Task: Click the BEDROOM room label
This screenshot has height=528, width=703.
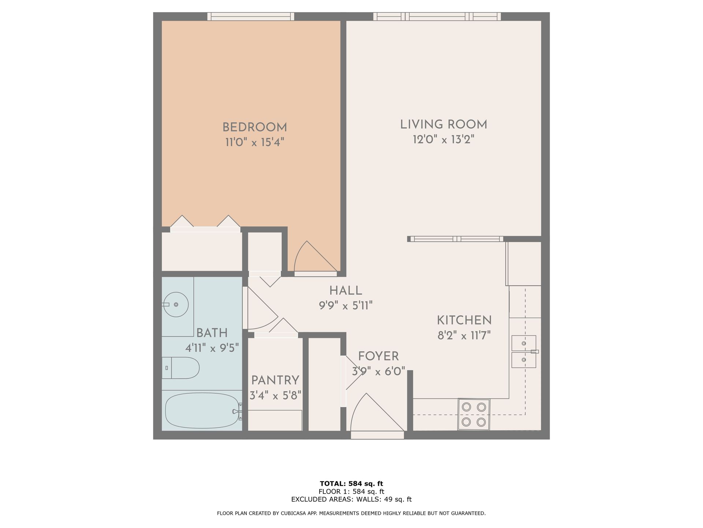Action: click(x=254, y=128)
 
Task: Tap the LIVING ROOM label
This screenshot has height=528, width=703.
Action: click(x=443, y=125)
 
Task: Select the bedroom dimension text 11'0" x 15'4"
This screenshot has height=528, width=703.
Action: click(x=254, y=142)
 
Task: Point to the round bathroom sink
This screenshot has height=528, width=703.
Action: click(x=176, y=304)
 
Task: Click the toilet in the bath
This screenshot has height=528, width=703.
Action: click(x=181, y=367)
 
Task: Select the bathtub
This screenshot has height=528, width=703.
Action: click(x=202, y=411)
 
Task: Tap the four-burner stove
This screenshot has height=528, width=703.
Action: click(x=474, y=414)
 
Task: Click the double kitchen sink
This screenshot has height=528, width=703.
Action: click(x=524, y=351)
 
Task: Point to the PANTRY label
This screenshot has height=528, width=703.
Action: click(x=275, y=380)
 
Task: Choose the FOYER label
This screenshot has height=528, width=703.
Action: click(x=378, y=356)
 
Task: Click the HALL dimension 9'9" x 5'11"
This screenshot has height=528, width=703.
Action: click(x=346, y=305)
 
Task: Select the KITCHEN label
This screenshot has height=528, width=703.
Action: click(x=464, y=320)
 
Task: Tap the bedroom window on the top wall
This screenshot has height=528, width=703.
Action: click(x=251, y=16)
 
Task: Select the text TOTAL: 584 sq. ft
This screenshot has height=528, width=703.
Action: click(x=351, y=484)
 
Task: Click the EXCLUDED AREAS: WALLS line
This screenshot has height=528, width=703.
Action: click(x=351, y=499)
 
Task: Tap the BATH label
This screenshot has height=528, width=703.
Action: click(x=212, y=333)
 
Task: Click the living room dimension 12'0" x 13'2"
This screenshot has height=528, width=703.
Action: click(x=443, y=140)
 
